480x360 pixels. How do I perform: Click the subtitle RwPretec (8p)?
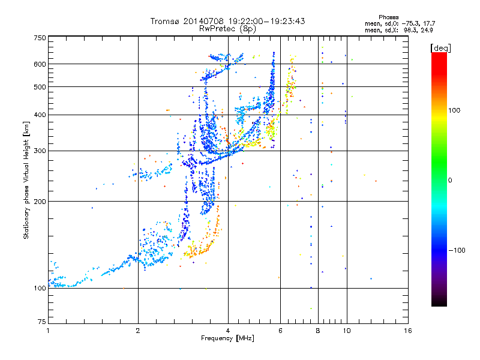click(227, 29)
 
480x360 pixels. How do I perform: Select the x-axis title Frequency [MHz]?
click(227, 338)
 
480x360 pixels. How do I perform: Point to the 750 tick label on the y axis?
click(40, 38)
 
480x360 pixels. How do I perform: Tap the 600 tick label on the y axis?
click(40, 64)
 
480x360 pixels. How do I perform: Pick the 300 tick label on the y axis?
click(40, 151)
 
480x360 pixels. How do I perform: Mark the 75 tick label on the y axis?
click(42, 322)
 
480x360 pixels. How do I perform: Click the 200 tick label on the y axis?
click(40, 202)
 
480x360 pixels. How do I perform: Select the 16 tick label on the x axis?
click(408, 331)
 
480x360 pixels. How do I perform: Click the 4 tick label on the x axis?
click(228, 331)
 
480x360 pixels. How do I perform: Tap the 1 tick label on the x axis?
click(48, 331)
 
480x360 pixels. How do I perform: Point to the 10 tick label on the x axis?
click(347, 331)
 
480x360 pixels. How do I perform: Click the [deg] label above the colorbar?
click(440, 48)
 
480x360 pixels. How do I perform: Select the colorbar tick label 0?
click(450, 181)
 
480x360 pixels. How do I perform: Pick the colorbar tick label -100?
click(457, 250)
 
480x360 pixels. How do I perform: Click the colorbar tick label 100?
click(454, 110)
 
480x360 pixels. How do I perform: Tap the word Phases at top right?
click(389, 17)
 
